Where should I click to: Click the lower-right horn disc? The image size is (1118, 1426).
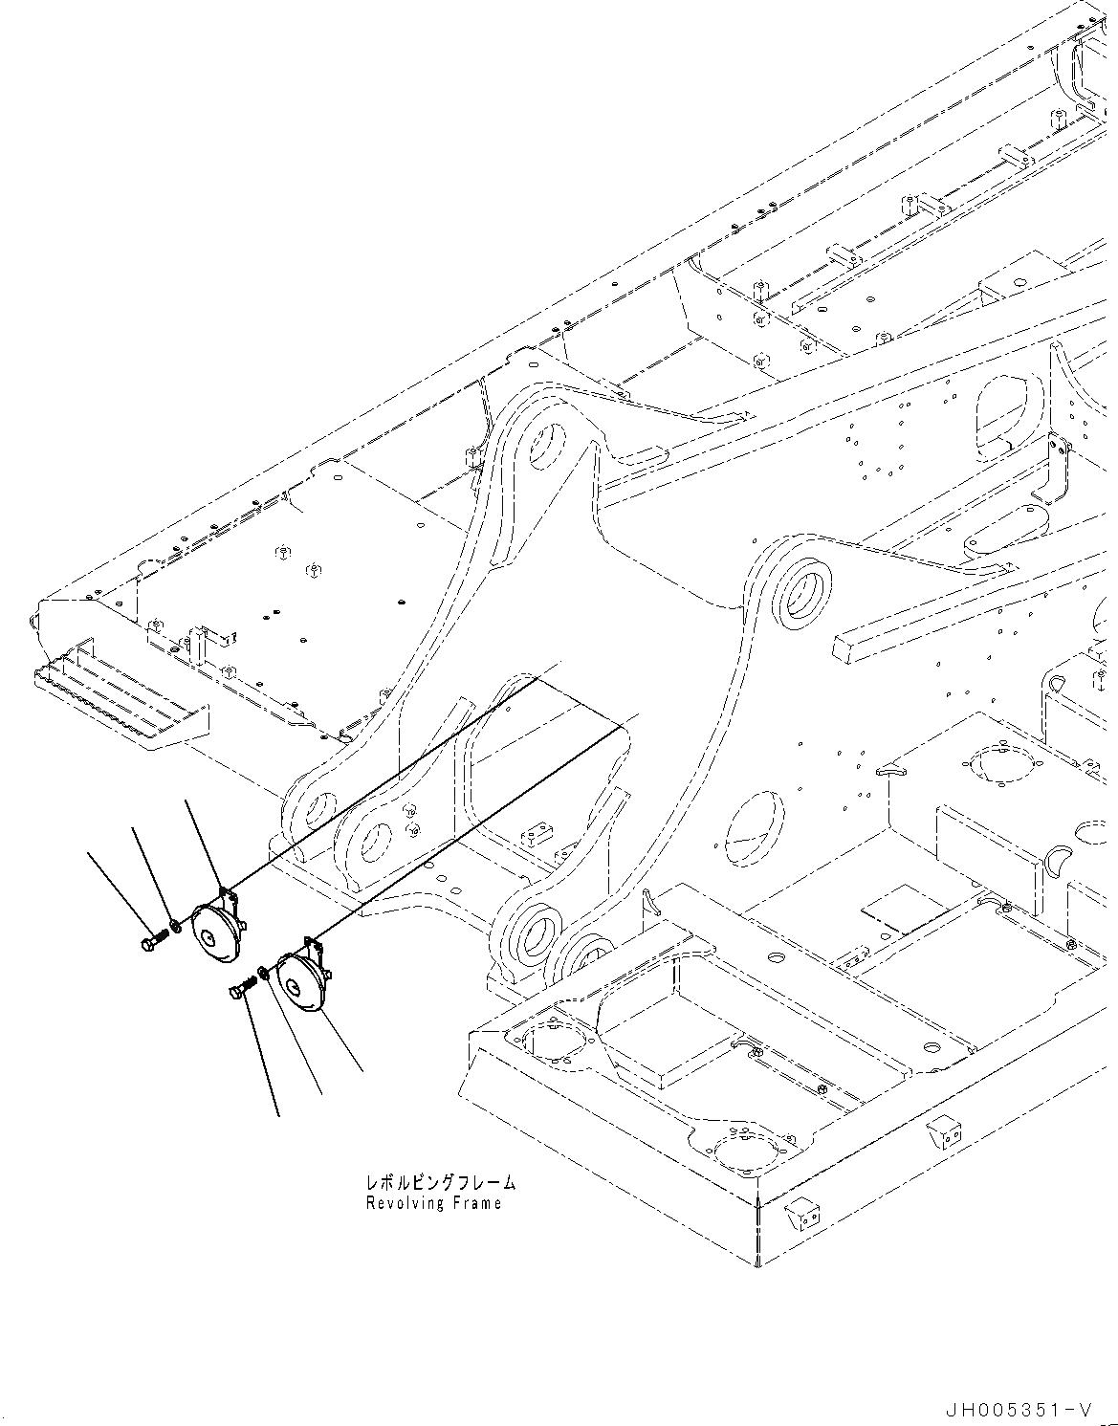[x=300, y=981]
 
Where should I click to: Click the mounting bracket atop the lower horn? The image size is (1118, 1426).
[x=312, y=945]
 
